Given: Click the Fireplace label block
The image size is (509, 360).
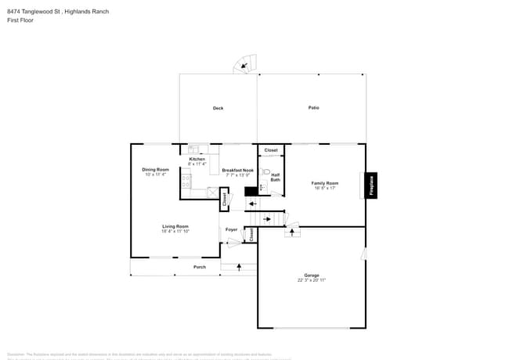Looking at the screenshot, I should click(371, 185).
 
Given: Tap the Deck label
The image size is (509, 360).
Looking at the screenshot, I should click(218, 108).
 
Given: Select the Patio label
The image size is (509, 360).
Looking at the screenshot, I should click(313, 107).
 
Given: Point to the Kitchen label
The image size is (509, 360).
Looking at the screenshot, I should click(197, 160).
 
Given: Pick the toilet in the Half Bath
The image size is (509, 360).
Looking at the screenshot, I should click(265, 171).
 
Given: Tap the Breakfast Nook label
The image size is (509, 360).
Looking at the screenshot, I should click(237, 170).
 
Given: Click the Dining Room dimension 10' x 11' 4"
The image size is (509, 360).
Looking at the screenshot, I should click(155, 175).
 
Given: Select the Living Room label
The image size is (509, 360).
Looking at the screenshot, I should click(175, 226).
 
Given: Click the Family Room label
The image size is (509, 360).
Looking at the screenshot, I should click(324, 183).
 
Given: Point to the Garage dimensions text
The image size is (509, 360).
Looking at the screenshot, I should click(311, 279).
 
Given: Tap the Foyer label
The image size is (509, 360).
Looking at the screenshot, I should click(231, 229).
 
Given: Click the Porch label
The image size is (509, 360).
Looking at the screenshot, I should click(200, 267).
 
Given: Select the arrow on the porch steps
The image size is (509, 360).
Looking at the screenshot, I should click(240, 268).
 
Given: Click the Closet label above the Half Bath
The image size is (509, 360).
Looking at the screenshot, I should click(271, 149).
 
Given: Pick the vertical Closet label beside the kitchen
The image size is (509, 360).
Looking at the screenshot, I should click(225, 200).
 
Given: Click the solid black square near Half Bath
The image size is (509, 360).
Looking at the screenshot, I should click(251, 190).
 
